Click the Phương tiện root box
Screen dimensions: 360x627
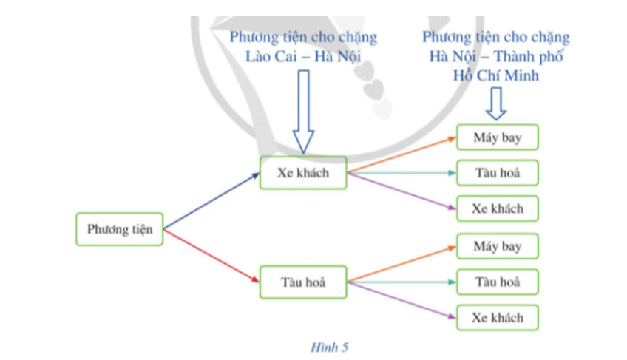[x=119, y=229]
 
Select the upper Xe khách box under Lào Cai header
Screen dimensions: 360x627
[x=302, y=173]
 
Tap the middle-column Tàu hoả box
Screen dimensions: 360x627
[x=302, y=282]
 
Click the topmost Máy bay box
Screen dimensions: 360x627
[x=497, y=137]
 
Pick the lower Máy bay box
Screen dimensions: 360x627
[x=497, y=246]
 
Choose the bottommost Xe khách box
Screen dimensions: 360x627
[x=497, y=317]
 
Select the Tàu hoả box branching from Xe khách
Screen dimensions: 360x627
[x=497, y=173]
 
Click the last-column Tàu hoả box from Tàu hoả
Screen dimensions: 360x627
[x=497, y=282]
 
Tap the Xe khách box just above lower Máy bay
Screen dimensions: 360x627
[x=497, y=208]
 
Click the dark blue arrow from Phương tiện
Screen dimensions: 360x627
[x=211, y=201]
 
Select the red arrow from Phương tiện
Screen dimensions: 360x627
[x=211, y=256]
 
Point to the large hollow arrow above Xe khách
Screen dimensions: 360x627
[x=303, y=111]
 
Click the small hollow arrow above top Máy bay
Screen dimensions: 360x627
[x=496, y=103]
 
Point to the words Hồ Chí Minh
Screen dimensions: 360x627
[x=496, y=75]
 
